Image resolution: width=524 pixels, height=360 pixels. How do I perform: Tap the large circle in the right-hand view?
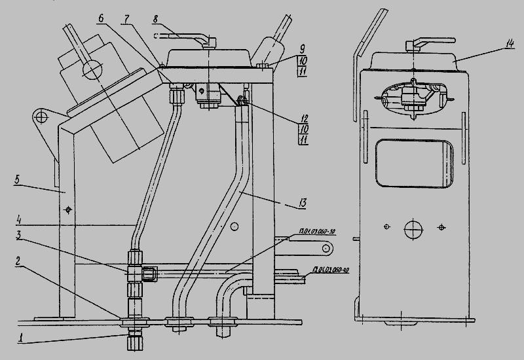pos(414,230)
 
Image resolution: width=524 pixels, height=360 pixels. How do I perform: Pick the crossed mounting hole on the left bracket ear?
pos(43,118)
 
